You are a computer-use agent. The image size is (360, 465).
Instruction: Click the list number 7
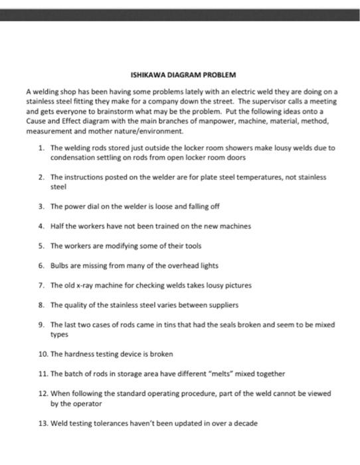click(41, 285)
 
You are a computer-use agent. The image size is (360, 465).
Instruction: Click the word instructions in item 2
click(83, 177)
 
